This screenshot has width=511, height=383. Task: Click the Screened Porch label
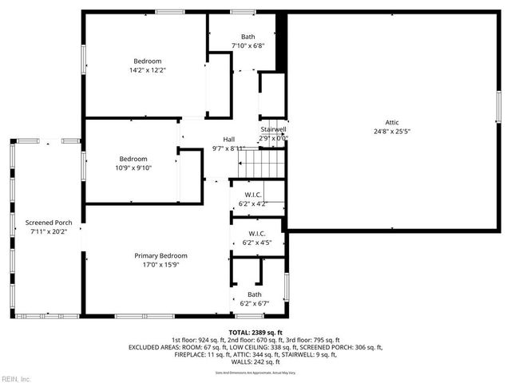[x=49, y=223]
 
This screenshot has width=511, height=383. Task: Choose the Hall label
[x=228, y=140]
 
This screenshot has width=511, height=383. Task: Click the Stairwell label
[x=273, y=129]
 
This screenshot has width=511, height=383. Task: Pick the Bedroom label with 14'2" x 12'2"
[x=148, y=61]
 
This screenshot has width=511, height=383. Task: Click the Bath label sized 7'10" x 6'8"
[x=248, y=38]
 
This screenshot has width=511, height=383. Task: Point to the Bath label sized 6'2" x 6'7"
[x=254, y=294]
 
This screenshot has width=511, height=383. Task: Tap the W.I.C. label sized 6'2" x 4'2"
[x=252, y=195]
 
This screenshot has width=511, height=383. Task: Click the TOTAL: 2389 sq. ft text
[x=255, y=331]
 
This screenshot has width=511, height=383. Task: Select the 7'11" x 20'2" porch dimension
[x=49, y=231]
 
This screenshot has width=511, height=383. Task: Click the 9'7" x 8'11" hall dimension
[x=228, y=148]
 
